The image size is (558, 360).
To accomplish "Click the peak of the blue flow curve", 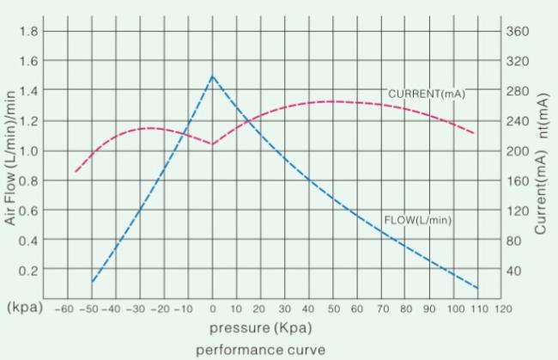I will click(213, 76).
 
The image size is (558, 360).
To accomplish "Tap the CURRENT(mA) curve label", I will click(427, 94).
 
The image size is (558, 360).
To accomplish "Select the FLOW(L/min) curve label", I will click(418, 220).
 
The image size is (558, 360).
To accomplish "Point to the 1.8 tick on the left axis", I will click(27, 32).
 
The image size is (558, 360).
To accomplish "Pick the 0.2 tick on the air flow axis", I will click(27, 270).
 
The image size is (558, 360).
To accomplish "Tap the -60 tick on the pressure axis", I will click(64, 308).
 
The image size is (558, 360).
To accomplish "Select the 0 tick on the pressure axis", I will click(213, 308).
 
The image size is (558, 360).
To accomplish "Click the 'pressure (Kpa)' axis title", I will click(261, 328).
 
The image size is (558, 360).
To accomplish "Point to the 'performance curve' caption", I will click(261, 350).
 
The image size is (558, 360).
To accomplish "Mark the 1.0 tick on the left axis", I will click(27, 151).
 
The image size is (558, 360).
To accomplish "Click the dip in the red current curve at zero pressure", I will click(213, 144).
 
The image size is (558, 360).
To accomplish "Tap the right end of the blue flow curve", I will click(477, 288).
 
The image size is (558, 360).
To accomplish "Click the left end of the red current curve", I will click(75, 172).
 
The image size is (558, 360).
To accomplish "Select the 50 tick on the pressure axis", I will click(333, 308).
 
